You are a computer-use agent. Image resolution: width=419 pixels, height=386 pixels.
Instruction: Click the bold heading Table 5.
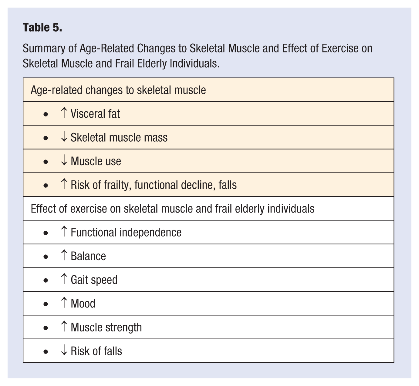click(x=42, y=28)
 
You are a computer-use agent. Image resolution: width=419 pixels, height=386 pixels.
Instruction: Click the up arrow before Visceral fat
click(x=64, y=113)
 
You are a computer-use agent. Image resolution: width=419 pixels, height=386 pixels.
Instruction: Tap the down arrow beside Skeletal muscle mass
click(x=64, y=137)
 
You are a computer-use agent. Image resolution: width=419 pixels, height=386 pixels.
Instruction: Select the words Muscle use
click(x=96, y=161)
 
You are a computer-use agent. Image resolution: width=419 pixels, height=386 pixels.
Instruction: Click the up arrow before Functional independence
click(x=64, y=232)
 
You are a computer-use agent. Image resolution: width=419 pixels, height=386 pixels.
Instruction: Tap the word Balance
click(x=88, y=256)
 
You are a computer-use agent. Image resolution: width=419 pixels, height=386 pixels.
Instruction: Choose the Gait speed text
click(x=94, y=280)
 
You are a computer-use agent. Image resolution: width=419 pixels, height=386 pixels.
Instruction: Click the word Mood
click(x=83, y=304)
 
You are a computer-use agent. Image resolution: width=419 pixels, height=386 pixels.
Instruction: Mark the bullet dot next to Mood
click(x=46, y=304)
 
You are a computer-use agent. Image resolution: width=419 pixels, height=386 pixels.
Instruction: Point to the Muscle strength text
click(x=106, y=327)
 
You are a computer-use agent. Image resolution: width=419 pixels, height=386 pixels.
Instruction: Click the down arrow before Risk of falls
click(x=64, y=351)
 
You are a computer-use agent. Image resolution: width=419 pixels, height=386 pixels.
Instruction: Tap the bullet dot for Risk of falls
click(x=46, y=352)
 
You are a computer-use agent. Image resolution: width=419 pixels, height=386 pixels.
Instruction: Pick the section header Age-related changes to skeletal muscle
click(x=118, y=90)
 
